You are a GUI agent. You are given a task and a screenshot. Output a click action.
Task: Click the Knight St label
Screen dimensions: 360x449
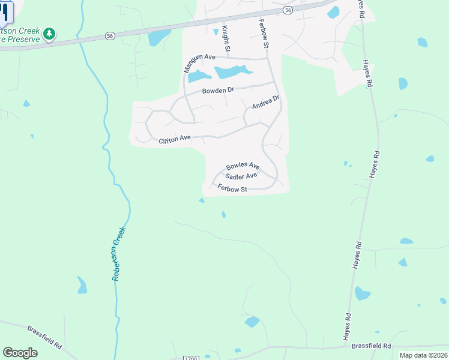pos(226,38)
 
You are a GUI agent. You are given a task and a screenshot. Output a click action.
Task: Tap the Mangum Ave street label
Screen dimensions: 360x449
pos(199,62)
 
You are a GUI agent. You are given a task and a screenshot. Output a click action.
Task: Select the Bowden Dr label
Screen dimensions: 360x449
pos(217,91)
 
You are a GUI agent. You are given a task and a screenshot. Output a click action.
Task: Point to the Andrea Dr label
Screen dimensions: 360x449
pos(266,103)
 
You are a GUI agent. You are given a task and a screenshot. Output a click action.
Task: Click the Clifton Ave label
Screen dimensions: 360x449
pos(175,140)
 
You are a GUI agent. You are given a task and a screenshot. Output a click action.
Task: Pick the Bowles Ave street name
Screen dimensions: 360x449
pos(243,166)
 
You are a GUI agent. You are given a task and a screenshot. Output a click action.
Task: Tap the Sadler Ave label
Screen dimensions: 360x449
pos(241,176)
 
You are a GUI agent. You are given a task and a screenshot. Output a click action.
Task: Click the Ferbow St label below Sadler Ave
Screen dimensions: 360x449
pos(232,189)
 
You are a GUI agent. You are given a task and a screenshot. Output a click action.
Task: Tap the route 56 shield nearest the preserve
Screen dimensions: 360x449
pos(109,36)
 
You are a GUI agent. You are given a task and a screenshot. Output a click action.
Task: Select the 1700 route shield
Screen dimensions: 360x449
pos(190,358)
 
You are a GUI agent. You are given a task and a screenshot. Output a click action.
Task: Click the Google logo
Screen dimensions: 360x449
pos(20,353)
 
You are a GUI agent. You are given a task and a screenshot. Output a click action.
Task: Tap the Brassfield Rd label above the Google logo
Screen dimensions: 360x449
pos(45,337)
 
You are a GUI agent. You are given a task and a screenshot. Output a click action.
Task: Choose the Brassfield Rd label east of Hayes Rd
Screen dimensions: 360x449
pos(371,346)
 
